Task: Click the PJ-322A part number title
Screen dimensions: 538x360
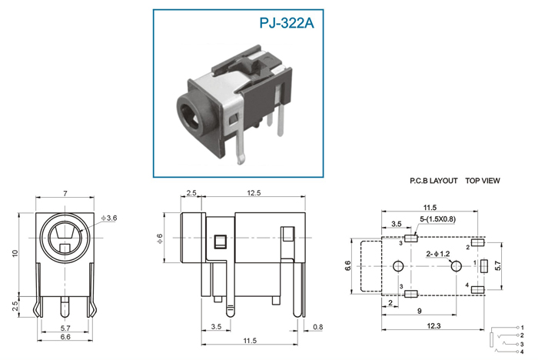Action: (287, 22)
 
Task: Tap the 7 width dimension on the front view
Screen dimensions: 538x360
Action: (65, 193)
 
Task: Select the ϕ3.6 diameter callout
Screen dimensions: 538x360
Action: (109, 218)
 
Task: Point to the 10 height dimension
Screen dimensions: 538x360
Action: (15, 254)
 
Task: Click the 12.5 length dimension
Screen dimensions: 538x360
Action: (254, 193)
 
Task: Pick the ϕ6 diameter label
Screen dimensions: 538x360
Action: (160, 238)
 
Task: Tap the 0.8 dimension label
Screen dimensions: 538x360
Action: (318, 327)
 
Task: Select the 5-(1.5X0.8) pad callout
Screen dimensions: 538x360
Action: (437, 219)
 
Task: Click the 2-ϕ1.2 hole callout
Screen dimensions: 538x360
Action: (438, 254)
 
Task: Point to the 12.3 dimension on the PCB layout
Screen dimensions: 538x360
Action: (433, 325)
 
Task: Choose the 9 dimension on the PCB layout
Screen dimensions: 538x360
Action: (420, 311)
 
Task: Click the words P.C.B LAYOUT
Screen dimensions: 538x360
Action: (433, 181)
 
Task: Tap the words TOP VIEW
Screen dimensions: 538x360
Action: (483, 181)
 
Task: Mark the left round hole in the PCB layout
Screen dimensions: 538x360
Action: (398, 266)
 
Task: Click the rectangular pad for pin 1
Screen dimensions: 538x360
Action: (483, 265)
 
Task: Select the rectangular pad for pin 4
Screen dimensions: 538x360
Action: (477, 289)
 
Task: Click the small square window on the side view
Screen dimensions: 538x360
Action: (221, 241)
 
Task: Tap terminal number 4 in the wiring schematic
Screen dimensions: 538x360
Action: (522, 352)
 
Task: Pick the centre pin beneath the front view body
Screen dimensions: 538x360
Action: (65, 307)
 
